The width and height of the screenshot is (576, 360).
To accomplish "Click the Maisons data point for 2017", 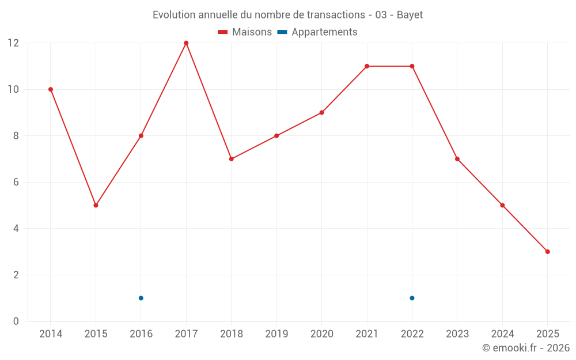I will (x=186, y=43).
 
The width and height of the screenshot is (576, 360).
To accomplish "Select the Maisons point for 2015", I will (x=96, y=205).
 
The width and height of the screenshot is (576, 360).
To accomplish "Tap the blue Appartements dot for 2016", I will (x=141, y=298).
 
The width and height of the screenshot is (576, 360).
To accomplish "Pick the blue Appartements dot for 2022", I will (x=412, y=298).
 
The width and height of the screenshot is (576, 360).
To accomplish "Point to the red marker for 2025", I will (x=547, y=252).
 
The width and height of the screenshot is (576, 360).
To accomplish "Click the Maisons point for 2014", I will (x=51, y=89).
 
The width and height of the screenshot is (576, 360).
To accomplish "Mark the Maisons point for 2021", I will (x=367, y=66).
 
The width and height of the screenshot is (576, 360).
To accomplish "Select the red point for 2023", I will (x=457, y=159).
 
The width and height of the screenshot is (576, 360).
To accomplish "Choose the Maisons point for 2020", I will (x=321, y=112).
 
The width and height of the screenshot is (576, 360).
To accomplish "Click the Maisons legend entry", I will (x=245, y=32).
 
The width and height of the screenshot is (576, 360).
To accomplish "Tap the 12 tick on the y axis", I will (x=13, y=43).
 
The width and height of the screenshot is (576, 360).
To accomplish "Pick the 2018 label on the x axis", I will (x=231, y=334).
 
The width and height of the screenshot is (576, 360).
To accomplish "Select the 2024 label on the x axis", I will (x=502, y=334).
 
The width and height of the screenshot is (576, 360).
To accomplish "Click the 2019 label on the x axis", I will (x=276, y=334).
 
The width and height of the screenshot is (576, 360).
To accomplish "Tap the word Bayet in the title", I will (x=410, y=15).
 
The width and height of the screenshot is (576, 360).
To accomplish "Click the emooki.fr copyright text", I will (x=525, y=348).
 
